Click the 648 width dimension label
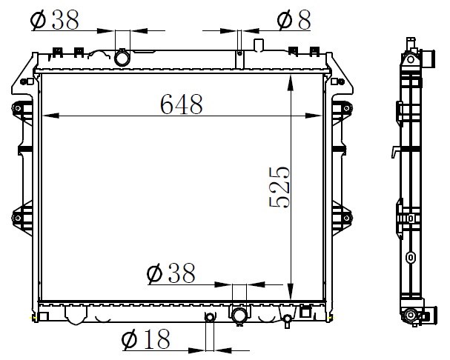click(x=182, y=104)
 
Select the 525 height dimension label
click(x=279, y=187)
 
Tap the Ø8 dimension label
click(x=294, y=19)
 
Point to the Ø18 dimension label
click(x=146, y=339)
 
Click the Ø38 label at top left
click(x=55, y=19)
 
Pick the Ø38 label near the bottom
click(x=171, y=273)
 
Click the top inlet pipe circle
click(x=122, y=58)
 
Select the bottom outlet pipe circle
click(x=239, y=316)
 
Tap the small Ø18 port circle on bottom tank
click(x=210, y=317)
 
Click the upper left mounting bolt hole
click(x=18, y=108)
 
